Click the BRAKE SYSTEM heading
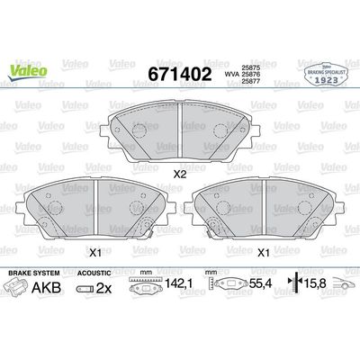(x=32, y=271)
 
